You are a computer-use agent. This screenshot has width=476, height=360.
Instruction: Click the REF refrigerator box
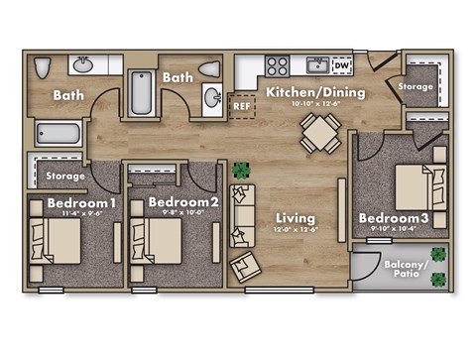point(241,104)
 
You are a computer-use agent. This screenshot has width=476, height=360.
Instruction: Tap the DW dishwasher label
point(340,65)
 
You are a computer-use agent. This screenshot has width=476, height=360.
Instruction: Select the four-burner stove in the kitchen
point(277,67)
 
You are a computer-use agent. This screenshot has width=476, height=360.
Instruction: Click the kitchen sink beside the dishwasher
point(317,66)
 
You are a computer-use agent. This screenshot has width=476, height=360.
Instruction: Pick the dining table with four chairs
point(319,131)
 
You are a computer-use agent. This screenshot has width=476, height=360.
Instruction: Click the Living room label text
point(296,217)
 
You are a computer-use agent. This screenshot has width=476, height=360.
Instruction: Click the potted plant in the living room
point(240,171)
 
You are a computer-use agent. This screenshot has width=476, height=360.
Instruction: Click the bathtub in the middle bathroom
point(142,94)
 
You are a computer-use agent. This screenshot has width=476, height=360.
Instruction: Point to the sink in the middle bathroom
point(212,97)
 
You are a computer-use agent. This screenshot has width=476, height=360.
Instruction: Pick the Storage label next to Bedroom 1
point(65,177)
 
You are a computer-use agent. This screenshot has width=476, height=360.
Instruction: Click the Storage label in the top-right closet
point(416,86)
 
